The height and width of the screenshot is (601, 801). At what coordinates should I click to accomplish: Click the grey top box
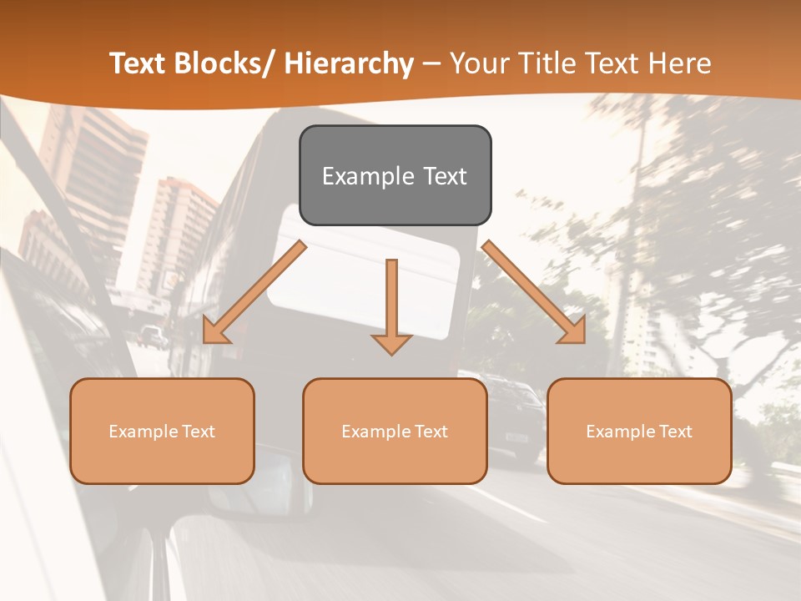[395, 175]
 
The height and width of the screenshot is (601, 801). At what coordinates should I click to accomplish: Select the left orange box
[162, 431]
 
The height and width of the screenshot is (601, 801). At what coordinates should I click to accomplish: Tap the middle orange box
[395, 431]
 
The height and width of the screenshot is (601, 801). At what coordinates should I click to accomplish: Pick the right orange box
[639, 431]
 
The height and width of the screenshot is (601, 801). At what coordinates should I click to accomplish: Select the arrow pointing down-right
[534, 292]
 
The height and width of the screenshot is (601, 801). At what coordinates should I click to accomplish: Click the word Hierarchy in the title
[349, 63]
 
